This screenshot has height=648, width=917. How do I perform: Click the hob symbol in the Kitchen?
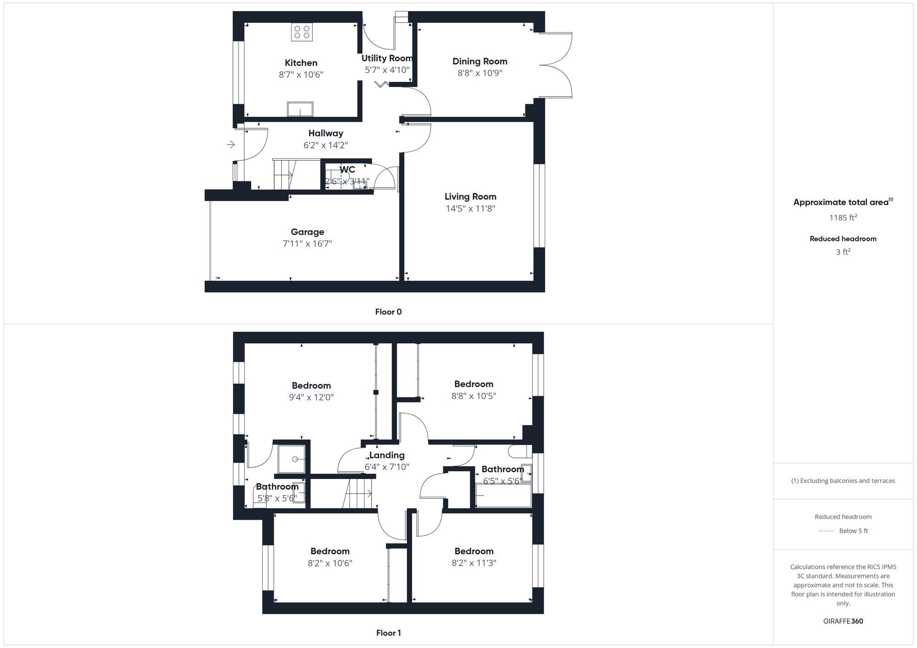[x=302, y=32]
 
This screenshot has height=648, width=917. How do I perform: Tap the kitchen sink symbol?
[x=300, y=109]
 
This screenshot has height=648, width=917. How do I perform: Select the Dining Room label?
[x=480, y=61]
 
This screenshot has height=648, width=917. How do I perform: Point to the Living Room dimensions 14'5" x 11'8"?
[x=470, y=209]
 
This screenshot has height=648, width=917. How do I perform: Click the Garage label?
[x=307, y=232]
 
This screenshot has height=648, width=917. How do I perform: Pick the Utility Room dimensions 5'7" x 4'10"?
[x=387, y=70]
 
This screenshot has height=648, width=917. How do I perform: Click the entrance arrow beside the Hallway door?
[x=231, y=145]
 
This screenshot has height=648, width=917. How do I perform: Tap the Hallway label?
[x=326, y=133]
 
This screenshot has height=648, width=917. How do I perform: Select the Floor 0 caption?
[x=388, y=312]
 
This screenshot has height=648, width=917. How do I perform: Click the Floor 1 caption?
[x=388, y=633]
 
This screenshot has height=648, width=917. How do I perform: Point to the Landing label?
[x=387, y=455]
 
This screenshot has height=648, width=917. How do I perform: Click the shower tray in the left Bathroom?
[x=292, y=459]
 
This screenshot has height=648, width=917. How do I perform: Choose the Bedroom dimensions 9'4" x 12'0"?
[x=311, y=398]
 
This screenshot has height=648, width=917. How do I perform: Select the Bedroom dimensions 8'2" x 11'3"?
[x=474, y=563]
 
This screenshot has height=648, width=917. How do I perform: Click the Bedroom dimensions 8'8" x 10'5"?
[x=474, y=396]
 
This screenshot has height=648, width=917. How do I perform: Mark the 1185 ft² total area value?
[x=843, y=218]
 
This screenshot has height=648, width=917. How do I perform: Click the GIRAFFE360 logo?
[x=843, y=621]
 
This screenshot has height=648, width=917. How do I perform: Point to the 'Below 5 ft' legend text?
[x=853, y=531]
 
